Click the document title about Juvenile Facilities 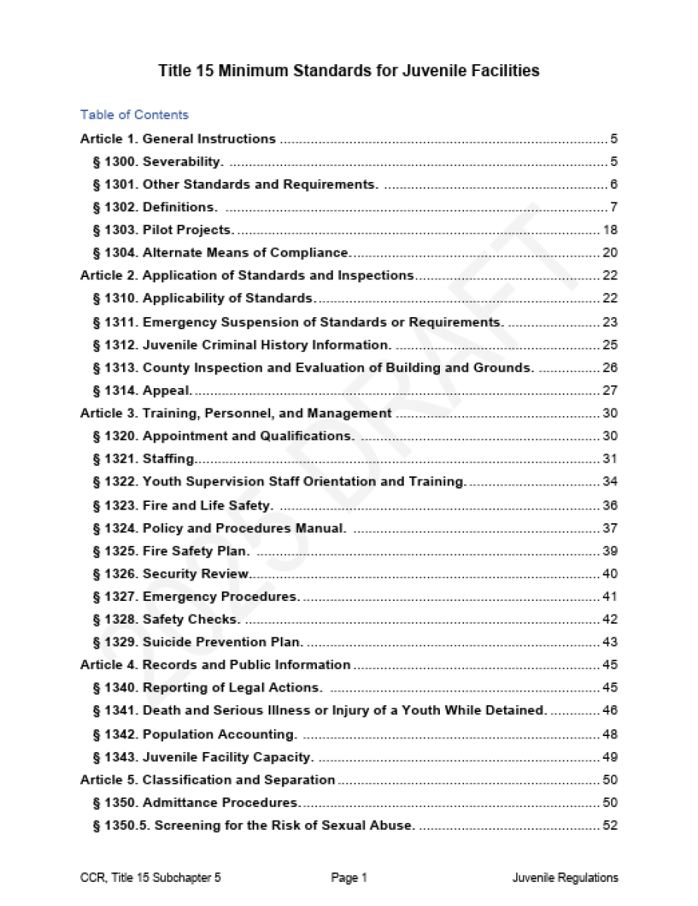tap(349, 71)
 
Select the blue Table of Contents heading tap(134, 115)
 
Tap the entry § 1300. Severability tap(158, 162)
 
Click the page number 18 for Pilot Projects tap(610, 230)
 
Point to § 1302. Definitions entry tap(155, 207)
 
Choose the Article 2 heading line tap(247, 276)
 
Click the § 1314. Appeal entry tap(143, 390)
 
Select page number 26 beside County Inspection tap(610, 368)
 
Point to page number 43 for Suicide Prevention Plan tap(610, 643)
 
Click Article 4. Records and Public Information tap(215, 665)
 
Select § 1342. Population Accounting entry tap(195, 734)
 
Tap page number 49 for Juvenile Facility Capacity tap(610, 757)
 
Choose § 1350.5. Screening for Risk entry tap(254, 825)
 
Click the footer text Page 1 tap(349, 878)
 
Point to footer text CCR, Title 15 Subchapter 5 tap(150, 878)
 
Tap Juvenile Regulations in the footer tap(565, 878)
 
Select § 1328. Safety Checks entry tap(166, 620)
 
